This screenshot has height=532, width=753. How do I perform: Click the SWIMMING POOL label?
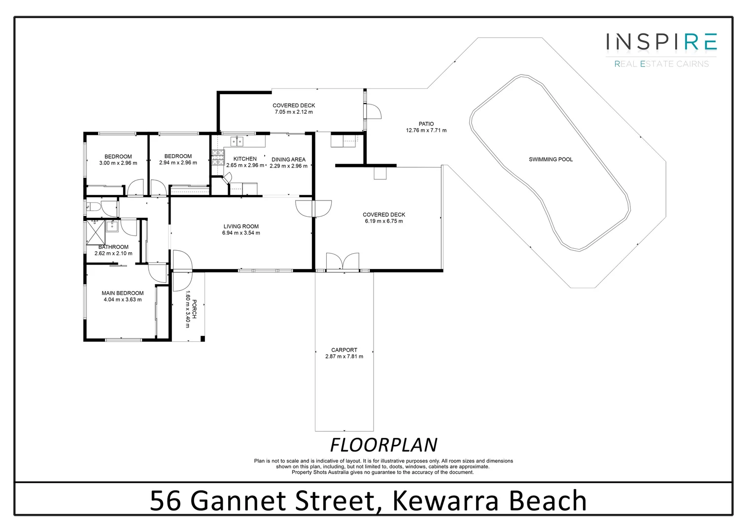pos(550,160)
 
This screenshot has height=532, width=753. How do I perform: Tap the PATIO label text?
pos(426,124)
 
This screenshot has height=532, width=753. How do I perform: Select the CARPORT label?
pos(344,350)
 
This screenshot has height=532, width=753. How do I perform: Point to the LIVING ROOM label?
pos(241,227)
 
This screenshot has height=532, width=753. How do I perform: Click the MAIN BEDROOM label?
pos(122,293)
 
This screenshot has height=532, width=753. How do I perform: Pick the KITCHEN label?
pos(245,159)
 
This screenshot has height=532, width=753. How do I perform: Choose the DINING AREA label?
pos(288,160)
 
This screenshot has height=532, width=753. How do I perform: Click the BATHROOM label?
pos(113,247)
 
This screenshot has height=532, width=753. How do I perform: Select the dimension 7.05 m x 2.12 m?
pos(294,112)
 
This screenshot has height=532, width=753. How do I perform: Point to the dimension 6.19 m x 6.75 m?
pos(384,221)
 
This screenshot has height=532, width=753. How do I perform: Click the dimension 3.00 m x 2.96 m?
pos(118,163)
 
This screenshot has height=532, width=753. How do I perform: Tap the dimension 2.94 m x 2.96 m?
pos(178,163)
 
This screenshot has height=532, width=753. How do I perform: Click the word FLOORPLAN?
pos(383,445)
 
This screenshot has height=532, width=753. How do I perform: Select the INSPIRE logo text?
pos(661,42)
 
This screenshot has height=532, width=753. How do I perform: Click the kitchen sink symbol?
pos(237,142)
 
